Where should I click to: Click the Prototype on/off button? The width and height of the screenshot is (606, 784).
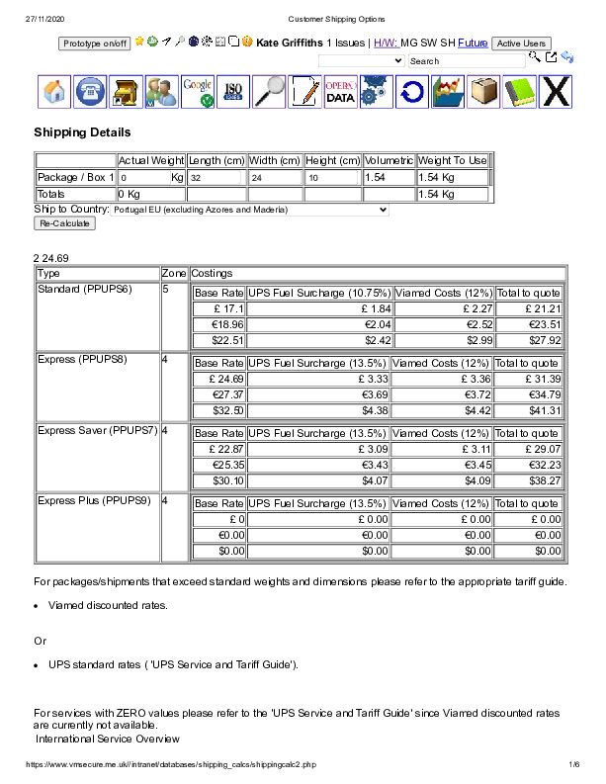[x=95, y=44]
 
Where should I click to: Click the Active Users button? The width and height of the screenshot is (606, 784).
[x=521, y=44]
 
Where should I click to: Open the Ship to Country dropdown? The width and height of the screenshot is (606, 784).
[x=250, y=210]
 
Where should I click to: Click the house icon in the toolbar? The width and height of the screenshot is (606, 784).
[x=56, y=92]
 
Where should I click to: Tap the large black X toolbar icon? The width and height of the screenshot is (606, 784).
[x=557, y=92]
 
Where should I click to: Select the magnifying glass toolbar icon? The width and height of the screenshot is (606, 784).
[x=269, y=92]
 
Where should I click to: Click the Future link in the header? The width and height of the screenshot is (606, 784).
[x=472, y=44]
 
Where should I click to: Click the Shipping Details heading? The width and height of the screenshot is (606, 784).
[x=82, y=132]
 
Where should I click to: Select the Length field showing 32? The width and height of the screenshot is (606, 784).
[x=215, y=178]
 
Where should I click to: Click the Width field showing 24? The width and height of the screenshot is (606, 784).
[x=275, y=178]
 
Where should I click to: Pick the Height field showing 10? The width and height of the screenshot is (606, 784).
[x=332, y=178]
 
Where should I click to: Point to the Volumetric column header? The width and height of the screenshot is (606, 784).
[x=389, y=160]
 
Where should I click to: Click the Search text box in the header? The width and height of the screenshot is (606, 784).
[x=466, y=61]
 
